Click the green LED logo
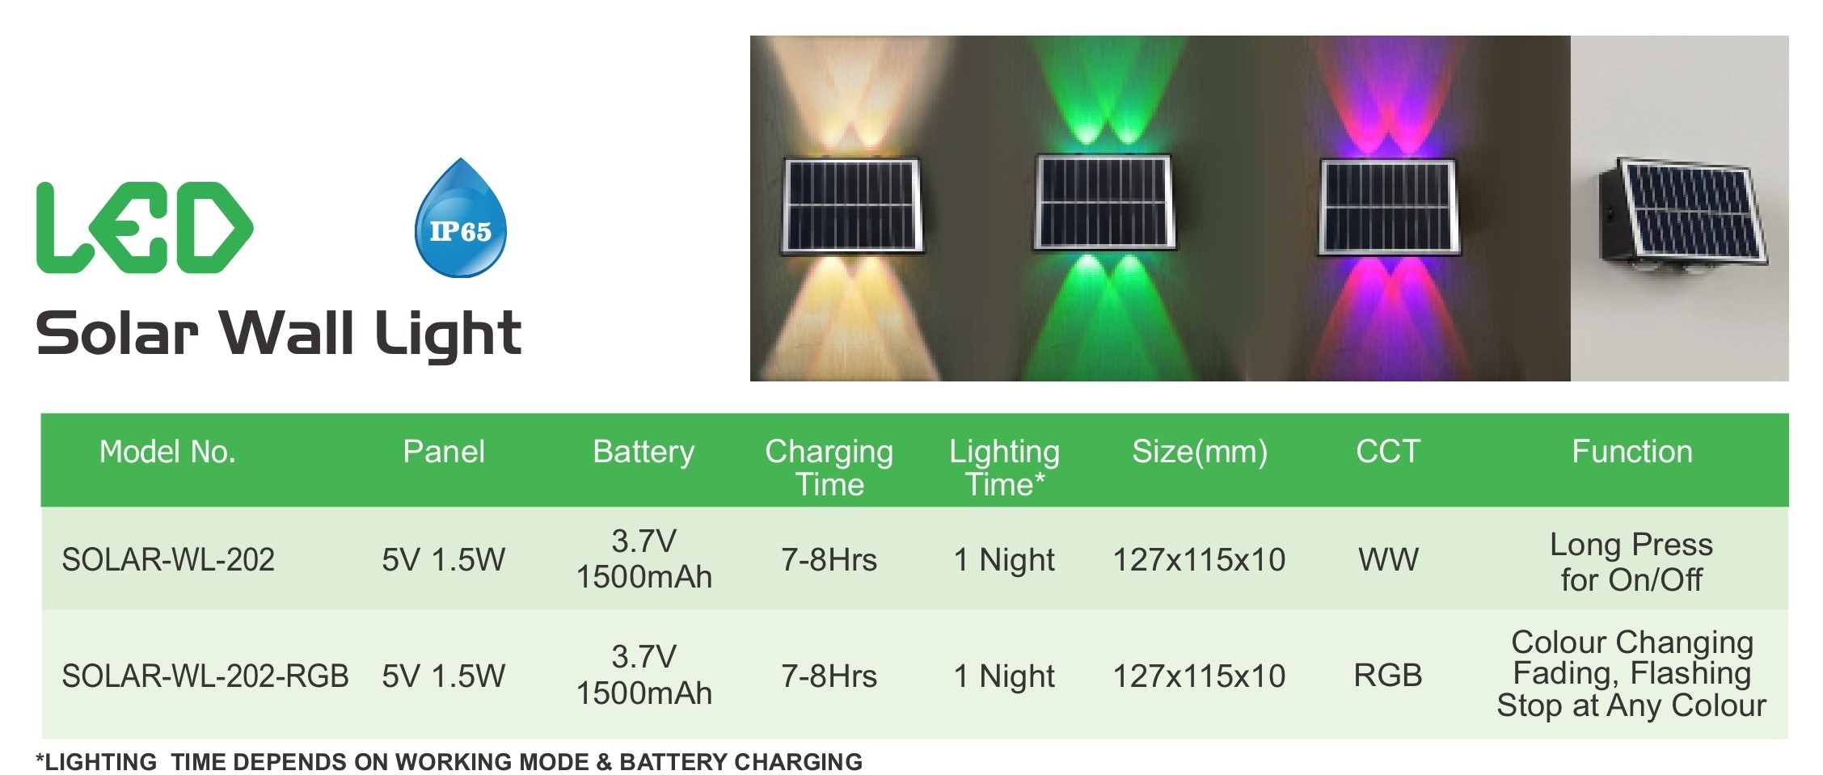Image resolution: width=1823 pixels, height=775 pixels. [x=145, y=228]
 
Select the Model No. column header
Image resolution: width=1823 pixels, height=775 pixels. [x=167, y=452]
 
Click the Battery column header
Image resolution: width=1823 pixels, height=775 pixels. [x=644, y=452]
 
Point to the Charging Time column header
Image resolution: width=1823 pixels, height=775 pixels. [x=829, y=468]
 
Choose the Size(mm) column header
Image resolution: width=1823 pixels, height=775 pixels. [x=1200, y=452]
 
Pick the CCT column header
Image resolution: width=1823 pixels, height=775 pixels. [x=1388, y=452]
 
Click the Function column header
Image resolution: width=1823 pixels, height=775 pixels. [x=1631, y=452]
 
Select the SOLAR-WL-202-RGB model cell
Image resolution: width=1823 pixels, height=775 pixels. [x=205, y=676]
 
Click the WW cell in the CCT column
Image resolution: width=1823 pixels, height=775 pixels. [x=1388, y=559]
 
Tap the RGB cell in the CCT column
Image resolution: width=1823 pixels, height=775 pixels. [x=1388, y=676]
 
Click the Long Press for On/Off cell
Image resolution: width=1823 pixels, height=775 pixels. [x=1631, y=562]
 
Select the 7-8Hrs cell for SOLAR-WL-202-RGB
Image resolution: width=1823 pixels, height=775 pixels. [x=829, y=676]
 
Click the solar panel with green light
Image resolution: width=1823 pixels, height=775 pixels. [x=1104, y=203]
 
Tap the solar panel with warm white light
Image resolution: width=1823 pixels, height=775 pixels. [x=852, y=206]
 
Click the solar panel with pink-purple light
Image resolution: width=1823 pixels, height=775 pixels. [x=1387, y=207]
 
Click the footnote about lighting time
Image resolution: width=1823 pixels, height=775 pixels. [x=449, y=762]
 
